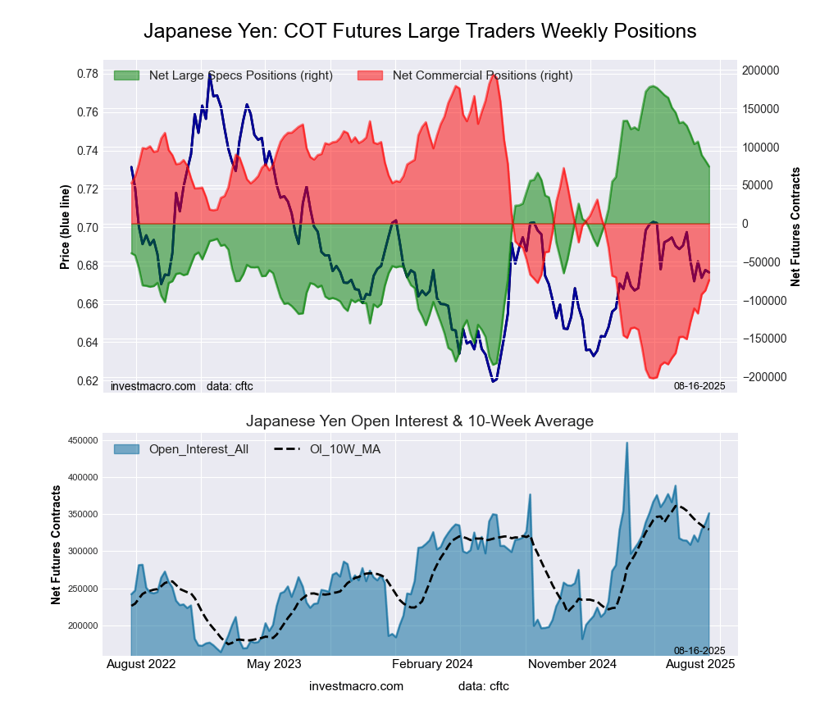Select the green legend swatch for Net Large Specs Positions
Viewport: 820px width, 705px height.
point(126,75)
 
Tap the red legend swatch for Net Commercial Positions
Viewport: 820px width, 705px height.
point(371,75)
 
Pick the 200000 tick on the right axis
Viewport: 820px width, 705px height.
point(761,70)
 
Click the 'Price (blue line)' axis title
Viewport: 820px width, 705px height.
point(64,227)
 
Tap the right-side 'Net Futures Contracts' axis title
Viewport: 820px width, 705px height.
point(795,227)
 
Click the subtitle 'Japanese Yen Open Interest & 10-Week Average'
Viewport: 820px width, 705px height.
point(420,421)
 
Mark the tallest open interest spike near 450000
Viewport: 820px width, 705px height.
point(627,443)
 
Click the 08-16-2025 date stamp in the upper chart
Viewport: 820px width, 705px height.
point(699,385)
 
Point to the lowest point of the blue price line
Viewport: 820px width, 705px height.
point(494,381)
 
